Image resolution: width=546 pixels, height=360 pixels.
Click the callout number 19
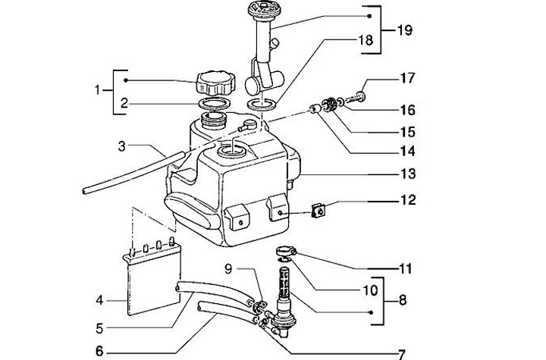(405, 30)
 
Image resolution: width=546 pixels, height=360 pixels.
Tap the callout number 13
(408, 174)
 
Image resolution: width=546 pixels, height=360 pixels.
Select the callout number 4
(99, 300)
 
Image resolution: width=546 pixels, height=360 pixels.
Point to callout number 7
(401, 355)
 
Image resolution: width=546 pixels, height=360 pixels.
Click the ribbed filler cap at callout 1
(215, 83)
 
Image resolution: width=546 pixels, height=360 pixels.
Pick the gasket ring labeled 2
(213, 104)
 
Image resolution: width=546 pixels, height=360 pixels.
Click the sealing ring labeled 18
(261, 104)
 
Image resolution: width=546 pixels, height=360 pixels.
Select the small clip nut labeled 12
(318, 211)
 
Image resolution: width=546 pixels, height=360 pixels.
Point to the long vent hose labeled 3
(132, 172)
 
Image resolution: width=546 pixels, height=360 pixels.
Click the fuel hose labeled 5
(214, 291)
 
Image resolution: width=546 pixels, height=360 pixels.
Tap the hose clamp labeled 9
(259, 306)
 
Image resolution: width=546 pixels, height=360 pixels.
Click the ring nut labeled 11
(286, 251)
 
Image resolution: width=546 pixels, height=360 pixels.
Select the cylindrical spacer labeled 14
(315, 110)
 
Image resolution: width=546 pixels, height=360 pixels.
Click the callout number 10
(370, 290)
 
